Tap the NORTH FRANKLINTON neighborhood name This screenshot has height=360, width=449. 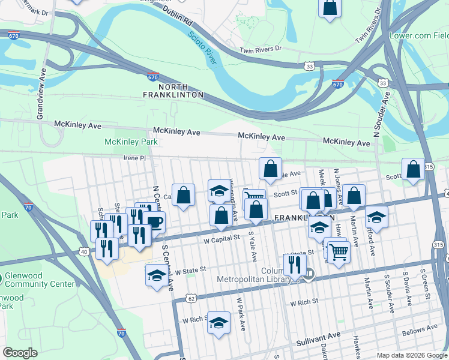pos(173,90)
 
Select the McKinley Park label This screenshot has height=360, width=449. pos(131,142)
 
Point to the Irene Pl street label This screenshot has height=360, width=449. pos(134,158)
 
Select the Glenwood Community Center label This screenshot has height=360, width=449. pos(40,280)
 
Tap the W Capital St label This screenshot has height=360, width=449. pos(221,238)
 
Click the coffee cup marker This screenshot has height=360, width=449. pos(154,222)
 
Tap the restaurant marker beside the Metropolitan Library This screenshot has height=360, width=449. pos(295,265)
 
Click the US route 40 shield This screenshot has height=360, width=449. pos(83,251)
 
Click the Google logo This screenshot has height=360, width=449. pos(20,353)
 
